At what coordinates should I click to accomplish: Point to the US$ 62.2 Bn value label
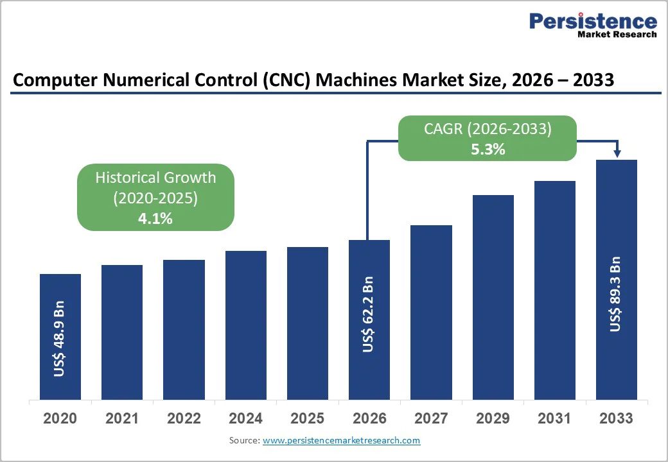369,314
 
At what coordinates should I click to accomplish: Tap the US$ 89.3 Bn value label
616,294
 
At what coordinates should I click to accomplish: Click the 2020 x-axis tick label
60,419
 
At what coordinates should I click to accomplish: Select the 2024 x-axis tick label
245,419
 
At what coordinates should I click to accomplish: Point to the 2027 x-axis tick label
431,419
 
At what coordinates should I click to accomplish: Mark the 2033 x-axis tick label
616,419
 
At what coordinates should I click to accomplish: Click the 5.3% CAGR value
488,150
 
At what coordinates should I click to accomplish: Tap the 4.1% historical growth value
155,218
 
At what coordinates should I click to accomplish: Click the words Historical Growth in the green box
155,178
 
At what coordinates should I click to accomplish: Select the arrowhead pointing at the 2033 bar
617,154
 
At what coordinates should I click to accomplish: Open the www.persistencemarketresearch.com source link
341,440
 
